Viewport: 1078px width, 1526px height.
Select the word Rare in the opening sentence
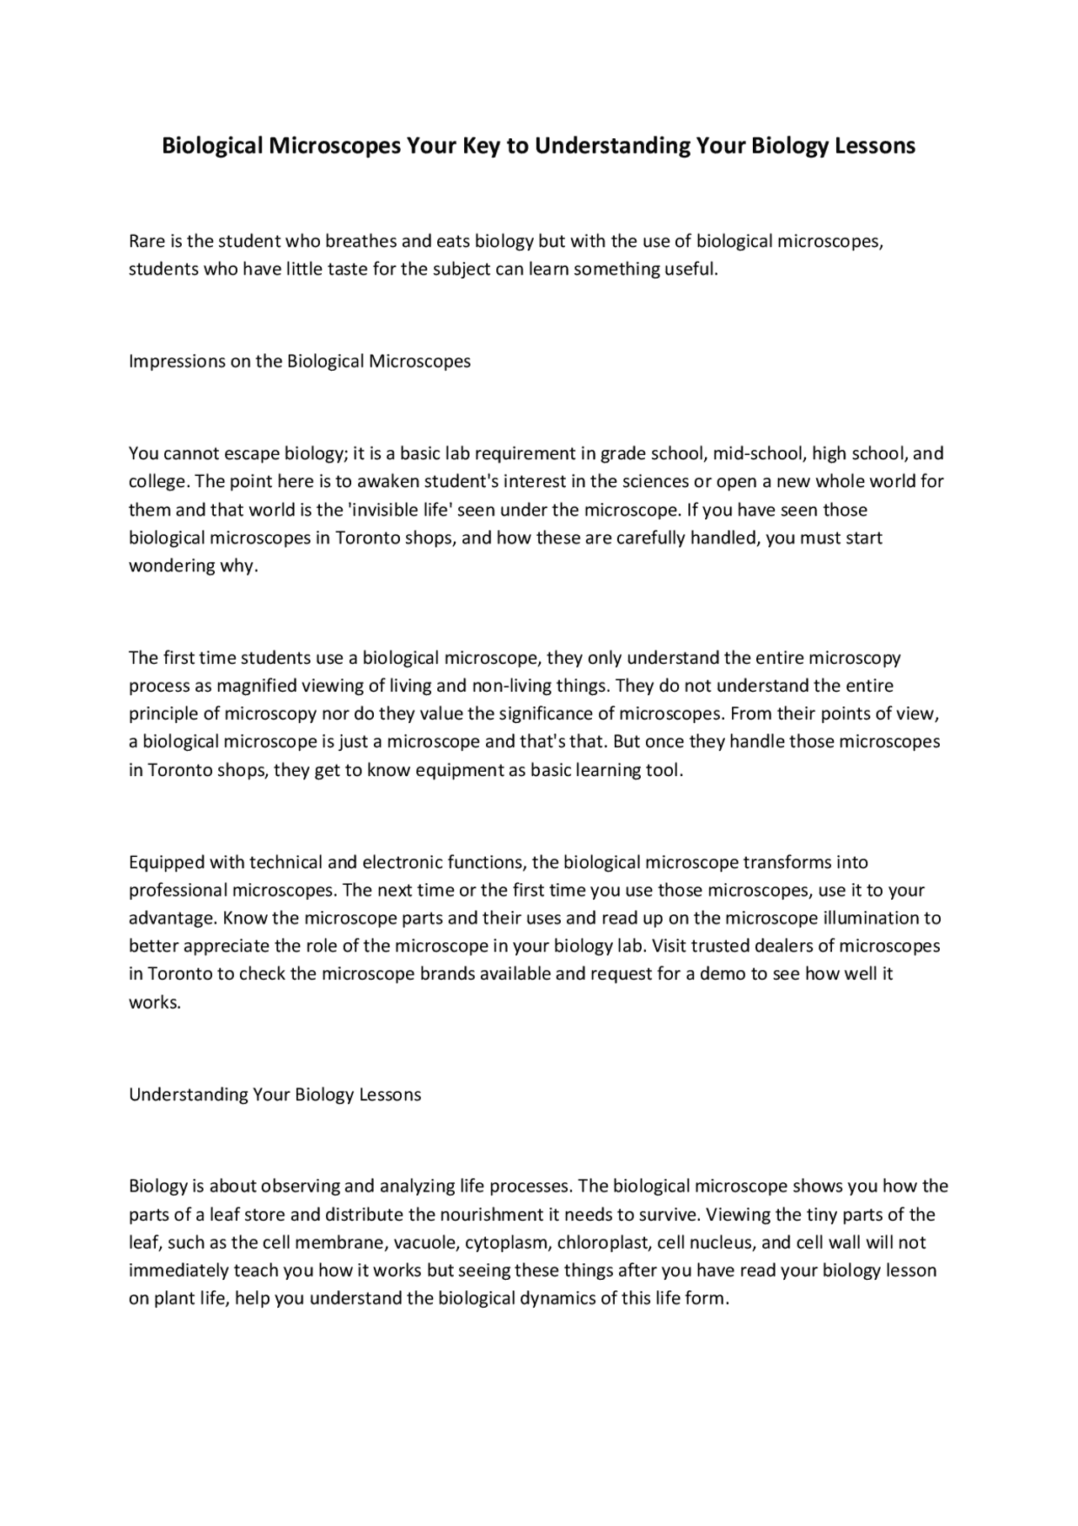coord(147,242)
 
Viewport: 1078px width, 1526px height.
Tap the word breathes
coord(361,242)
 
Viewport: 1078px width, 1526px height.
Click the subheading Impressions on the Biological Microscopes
coord(299,361)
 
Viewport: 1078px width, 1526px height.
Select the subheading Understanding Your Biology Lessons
coord(275,1095)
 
